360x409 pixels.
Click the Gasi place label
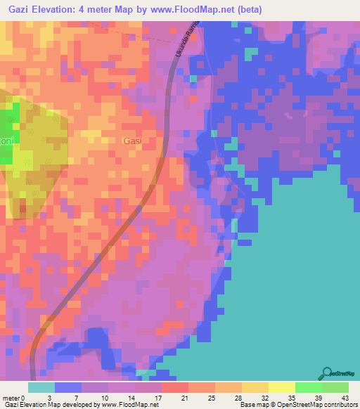click(132, 141)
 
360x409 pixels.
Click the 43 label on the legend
click(345, 398)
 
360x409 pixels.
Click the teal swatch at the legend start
click(41, 387)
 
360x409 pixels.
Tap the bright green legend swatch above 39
click(308, 387)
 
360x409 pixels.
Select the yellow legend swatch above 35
click(281, 387)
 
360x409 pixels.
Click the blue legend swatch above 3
click(68, 387)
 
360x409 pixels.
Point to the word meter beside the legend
click(12, 398)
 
